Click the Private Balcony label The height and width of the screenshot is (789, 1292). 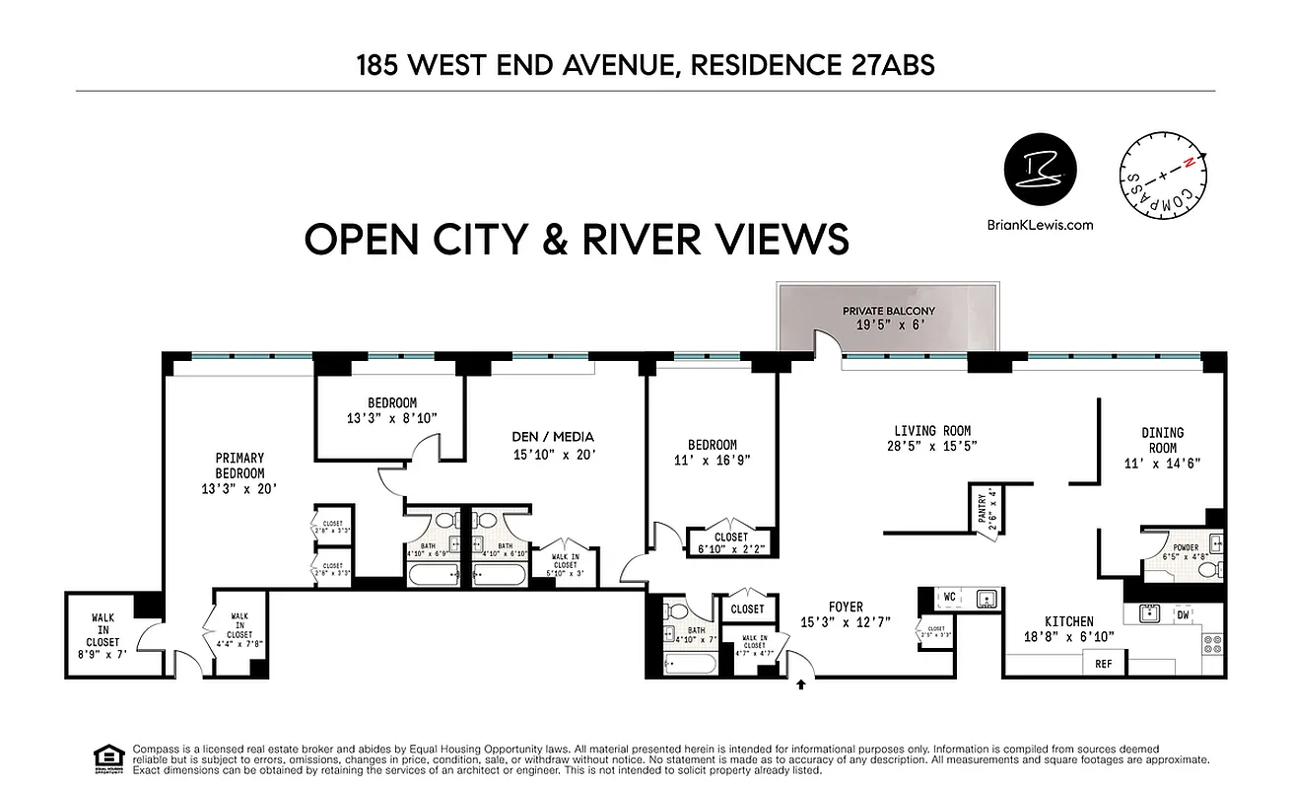coord(888,311)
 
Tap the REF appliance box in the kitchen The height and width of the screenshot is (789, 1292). coord(1104,664)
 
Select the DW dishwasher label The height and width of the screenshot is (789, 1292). coord(1183,614)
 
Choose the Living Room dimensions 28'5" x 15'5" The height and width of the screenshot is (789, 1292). coord(931,445)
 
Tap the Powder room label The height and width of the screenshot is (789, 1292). coord(1185,548)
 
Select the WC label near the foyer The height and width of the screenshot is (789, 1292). coord(950,598)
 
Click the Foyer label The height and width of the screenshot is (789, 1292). coord(846,607)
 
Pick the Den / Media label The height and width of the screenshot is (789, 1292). coord(553,437)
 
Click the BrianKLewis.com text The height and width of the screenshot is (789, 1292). coord(1040,224)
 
